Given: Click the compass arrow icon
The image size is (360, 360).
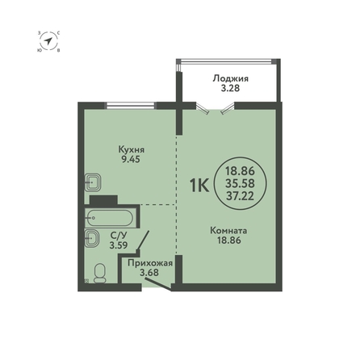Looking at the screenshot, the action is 48,41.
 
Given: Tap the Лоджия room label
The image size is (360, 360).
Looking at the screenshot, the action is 231,79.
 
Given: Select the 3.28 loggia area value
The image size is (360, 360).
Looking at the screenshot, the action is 230,88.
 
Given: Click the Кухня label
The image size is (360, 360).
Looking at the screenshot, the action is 132,149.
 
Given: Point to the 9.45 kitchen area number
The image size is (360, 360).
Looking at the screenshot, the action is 131,160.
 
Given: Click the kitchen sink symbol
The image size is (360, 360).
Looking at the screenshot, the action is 92,182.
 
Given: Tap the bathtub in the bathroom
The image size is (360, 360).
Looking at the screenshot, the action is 109,218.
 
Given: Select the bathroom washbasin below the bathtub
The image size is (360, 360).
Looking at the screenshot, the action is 92,238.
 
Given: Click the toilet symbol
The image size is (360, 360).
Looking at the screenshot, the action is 100,273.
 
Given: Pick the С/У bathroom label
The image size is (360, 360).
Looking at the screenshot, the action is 119,236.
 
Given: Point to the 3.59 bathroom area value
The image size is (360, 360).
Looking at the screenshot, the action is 119,245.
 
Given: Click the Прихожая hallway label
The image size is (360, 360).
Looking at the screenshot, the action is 150,263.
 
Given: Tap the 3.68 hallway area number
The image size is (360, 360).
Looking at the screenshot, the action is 149,273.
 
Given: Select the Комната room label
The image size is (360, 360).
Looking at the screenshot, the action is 229,231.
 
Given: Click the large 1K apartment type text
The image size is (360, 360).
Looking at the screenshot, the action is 199,186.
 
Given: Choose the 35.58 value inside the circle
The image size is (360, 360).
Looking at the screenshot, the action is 240,183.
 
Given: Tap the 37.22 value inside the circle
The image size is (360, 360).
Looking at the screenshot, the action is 240,196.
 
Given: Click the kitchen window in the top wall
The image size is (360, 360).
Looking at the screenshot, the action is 131,106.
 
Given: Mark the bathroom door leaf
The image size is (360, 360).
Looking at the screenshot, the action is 143,241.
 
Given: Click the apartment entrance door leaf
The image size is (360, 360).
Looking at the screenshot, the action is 158,285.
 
